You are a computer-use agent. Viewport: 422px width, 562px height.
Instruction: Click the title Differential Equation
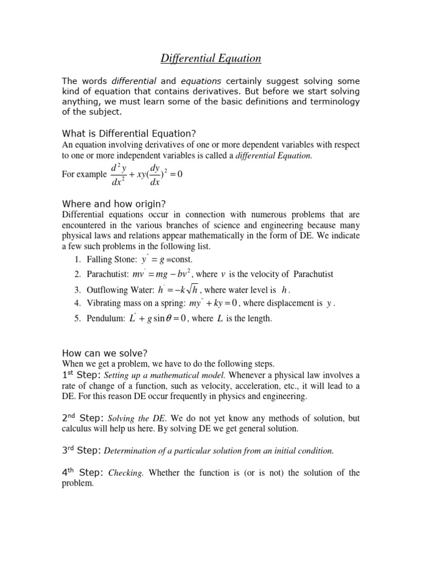(x=211, y=58)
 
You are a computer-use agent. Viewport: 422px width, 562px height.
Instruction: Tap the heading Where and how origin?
(x=114, y=204)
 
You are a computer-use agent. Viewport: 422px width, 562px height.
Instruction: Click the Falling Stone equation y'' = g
(x=152, y=259)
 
